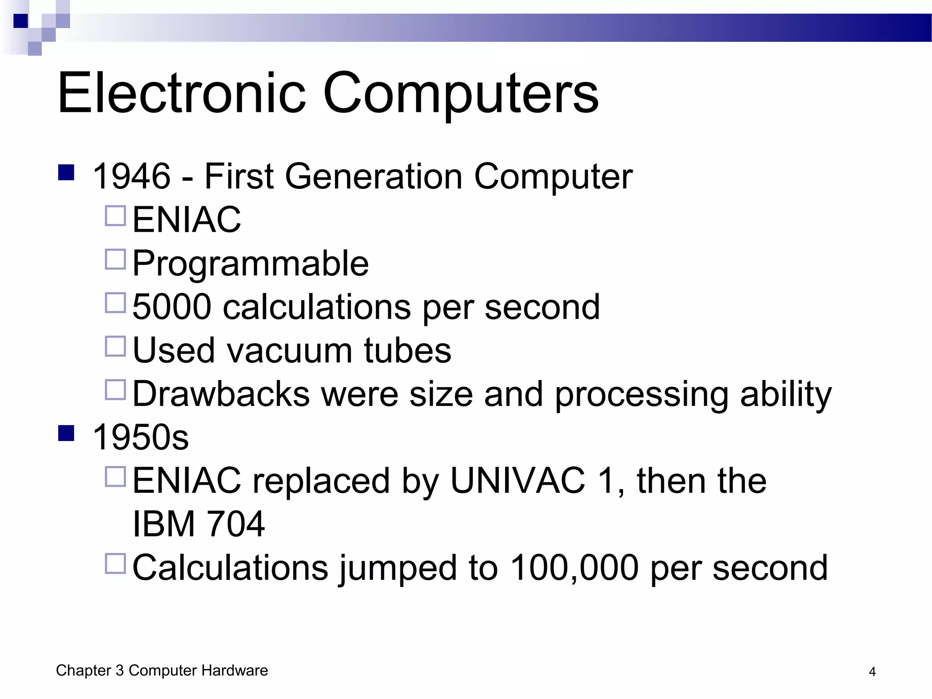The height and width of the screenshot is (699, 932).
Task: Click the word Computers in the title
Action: tap(461, 93)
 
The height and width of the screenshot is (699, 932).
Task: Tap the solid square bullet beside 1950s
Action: tap(66, 433)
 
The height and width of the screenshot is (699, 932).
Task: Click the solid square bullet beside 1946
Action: tap(66, 172)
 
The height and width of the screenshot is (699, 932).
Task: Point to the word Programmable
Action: tap(250, 263)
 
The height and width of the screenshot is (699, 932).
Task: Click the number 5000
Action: tap(172, 307)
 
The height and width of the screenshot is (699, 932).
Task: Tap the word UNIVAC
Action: tap(517, 481)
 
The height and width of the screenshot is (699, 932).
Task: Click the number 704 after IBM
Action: tap(235, 524)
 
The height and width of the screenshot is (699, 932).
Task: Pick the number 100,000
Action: tap(574, 567)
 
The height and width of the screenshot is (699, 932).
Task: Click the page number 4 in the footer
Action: tap(872, 672)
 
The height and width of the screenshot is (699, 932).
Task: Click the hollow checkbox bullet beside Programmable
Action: tap(115, 259)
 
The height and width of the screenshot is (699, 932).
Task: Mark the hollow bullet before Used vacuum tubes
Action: tap(115, 346)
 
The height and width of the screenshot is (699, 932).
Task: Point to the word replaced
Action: tap(321, 481)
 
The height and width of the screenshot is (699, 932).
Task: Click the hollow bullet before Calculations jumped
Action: tap(115, 563)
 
